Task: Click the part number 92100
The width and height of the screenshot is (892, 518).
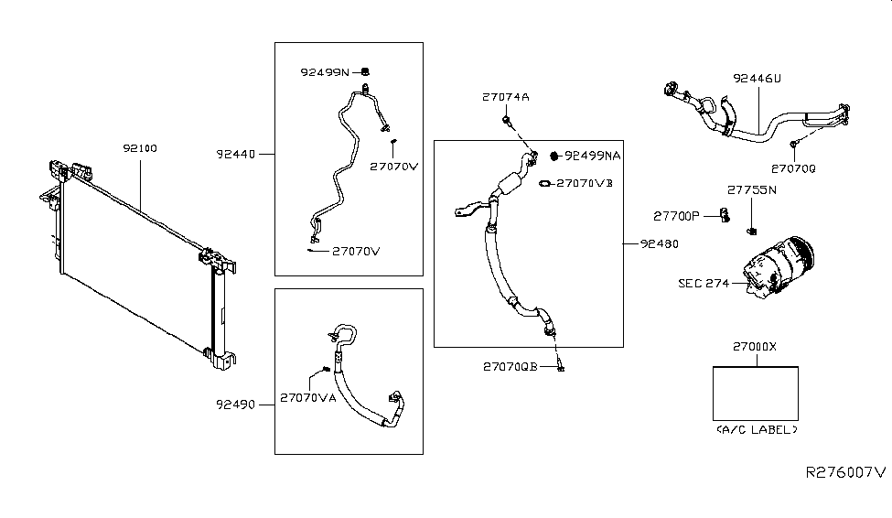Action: [140, 148]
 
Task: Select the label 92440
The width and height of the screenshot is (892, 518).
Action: [236, 155]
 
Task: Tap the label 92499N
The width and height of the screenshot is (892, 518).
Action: [325, 72]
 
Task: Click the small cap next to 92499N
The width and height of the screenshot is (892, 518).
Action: [365, 71]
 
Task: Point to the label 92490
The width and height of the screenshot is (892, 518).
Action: [235, 405]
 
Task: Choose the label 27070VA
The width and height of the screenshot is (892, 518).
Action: [308, 398]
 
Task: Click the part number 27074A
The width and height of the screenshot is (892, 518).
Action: [506, 97]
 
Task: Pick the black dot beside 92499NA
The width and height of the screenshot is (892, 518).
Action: [554, 156]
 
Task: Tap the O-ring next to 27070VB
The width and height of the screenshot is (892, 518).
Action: [545, 184]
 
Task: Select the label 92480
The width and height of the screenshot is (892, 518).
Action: [660, 243]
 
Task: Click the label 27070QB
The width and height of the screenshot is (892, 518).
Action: [510, 367]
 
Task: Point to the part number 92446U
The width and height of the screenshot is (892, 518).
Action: [758, 79]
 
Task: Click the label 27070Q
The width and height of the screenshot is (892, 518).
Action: [793, 169]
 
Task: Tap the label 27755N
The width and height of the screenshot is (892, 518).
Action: [751, 190]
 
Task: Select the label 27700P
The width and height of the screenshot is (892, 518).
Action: [676, 216]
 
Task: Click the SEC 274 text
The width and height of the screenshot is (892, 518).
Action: [704, 284]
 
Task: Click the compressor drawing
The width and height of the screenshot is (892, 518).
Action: [779, 267]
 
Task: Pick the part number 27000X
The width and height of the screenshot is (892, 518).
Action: [755, 347]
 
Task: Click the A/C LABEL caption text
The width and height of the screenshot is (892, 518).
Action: [757, 430]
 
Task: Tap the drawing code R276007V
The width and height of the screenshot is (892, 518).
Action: [846, 472]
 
